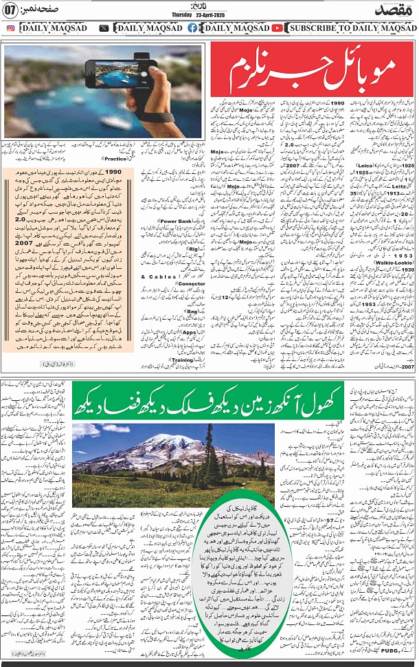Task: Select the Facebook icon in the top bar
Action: [192, 28]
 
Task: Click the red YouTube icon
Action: [277, 28]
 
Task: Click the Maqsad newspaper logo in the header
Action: [391, 10]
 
